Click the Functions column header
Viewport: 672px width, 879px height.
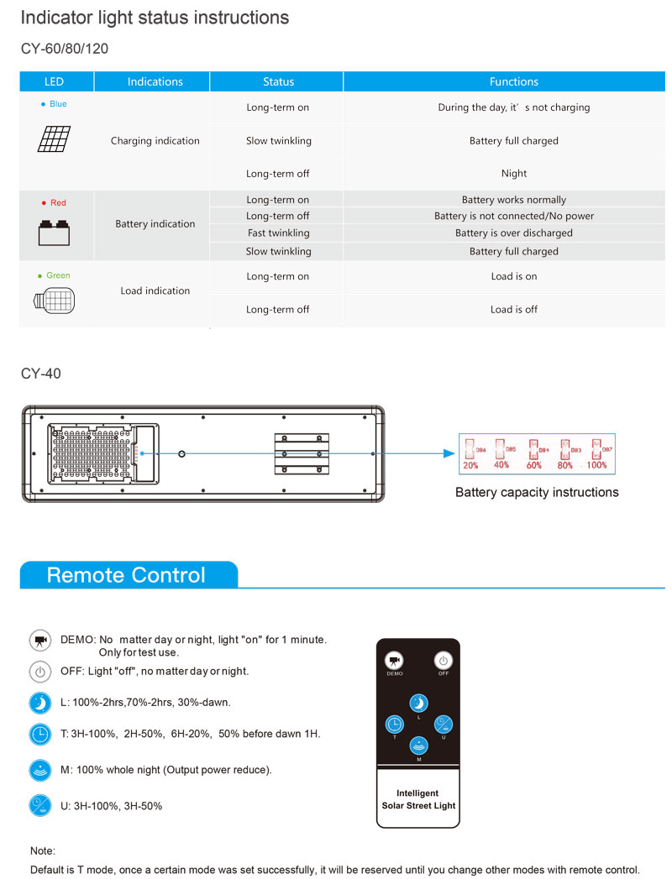(x=513, y=81)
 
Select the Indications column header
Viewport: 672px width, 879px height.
(x=155, y=81)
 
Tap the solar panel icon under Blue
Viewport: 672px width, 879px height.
(x=55, y=139)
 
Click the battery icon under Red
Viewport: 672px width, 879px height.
(x=55, y=233)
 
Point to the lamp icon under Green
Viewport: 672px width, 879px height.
(x=55, y=301)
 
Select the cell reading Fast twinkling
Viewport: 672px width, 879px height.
(x=277, y=233)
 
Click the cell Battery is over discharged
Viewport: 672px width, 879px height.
(x=513, y=233)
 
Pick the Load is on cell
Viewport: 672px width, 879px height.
(x=513, y=276)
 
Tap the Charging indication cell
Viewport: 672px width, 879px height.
(x=155, y=141)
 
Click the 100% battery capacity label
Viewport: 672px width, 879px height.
(x=596, y=464)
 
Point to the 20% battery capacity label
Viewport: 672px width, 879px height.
(x=470, y=464)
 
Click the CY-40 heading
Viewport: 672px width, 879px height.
(x=40, y=373)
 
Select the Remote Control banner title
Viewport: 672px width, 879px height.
(x=126, y=575)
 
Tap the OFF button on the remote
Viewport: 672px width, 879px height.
(x=443, y=660)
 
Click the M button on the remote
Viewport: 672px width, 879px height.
(x=418, y=745)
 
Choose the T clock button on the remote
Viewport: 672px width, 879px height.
(x=394, y=724)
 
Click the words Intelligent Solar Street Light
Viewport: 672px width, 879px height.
(x=418, y=799)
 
